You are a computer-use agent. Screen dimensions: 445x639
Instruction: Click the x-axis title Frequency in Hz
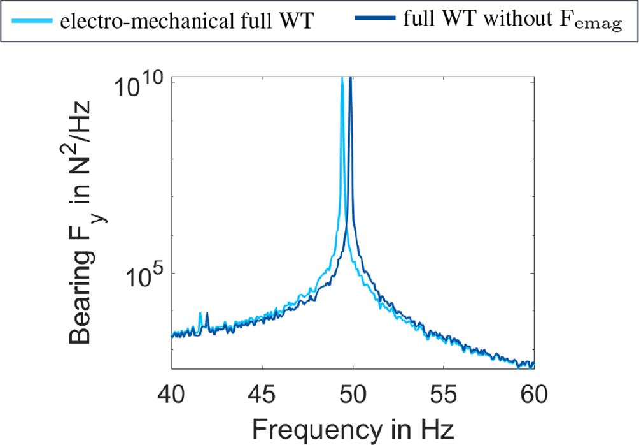[353, 428]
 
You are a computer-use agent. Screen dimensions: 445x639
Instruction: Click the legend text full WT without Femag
[512, 20]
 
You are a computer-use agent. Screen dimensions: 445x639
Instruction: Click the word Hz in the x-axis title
[439, 428]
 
